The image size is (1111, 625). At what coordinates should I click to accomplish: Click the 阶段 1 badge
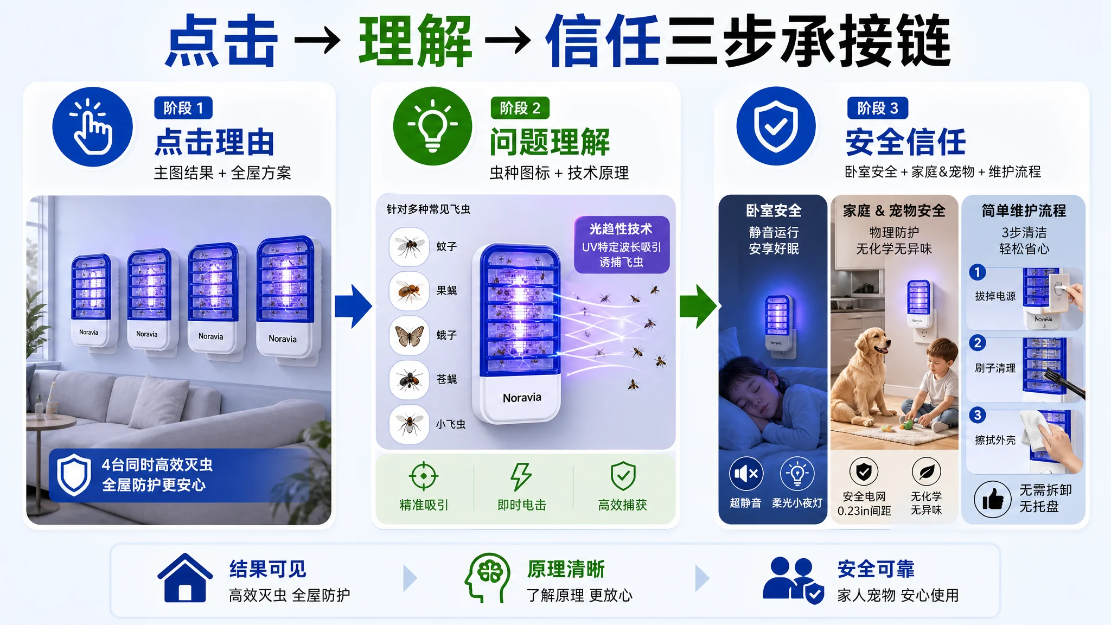(183, 108)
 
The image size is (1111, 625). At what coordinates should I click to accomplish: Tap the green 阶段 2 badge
(520, 108)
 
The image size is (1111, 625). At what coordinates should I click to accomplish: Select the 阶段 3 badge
(878, 108)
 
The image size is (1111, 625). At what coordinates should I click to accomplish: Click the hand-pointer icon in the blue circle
(93, 127)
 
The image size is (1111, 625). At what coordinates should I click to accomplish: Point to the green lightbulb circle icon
(432, 126)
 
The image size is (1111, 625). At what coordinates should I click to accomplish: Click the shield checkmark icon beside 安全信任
(776, 126)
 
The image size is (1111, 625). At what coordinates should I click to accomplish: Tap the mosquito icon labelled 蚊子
(409, 246)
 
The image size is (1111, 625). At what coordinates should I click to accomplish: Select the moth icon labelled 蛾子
(409, 335)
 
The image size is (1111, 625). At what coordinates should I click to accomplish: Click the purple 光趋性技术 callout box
(622, 245)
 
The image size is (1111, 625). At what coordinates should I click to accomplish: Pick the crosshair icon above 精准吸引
(424, 476)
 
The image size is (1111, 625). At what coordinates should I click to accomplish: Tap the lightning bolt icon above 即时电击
(521, 476)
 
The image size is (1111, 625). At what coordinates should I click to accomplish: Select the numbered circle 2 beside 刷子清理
(978, 343)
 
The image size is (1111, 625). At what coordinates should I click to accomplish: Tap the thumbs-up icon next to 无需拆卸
(993, 499)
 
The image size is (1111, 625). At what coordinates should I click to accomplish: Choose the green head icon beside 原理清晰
(487, 578)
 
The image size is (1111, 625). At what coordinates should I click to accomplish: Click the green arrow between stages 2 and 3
(699, 307)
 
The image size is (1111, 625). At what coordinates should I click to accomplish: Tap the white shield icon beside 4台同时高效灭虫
(74, 475)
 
